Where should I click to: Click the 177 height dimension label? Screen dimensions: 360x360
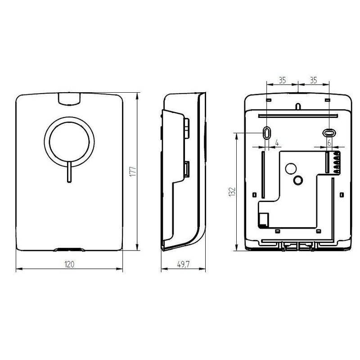coord(133,171)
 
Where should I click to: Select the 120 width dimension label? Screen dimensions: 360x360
coord(69,264)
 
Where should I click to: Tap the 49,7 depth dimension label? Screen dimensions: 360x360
coord(183,264)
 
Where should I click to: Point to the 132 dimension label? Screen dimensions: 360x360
coord(232,192)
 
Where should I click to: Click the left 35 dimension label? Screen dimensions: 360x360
coord(282,80)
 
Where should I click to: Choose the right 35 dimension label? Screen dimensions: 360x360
coord(313,80)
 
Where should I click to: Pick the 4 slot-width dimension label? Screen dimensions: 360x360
coord(277,143)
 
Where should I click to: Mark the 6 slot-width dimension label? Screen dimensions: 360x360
coord(329,143)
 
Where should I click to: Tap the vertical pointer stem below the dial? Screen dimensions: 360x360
coord(69,172)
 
